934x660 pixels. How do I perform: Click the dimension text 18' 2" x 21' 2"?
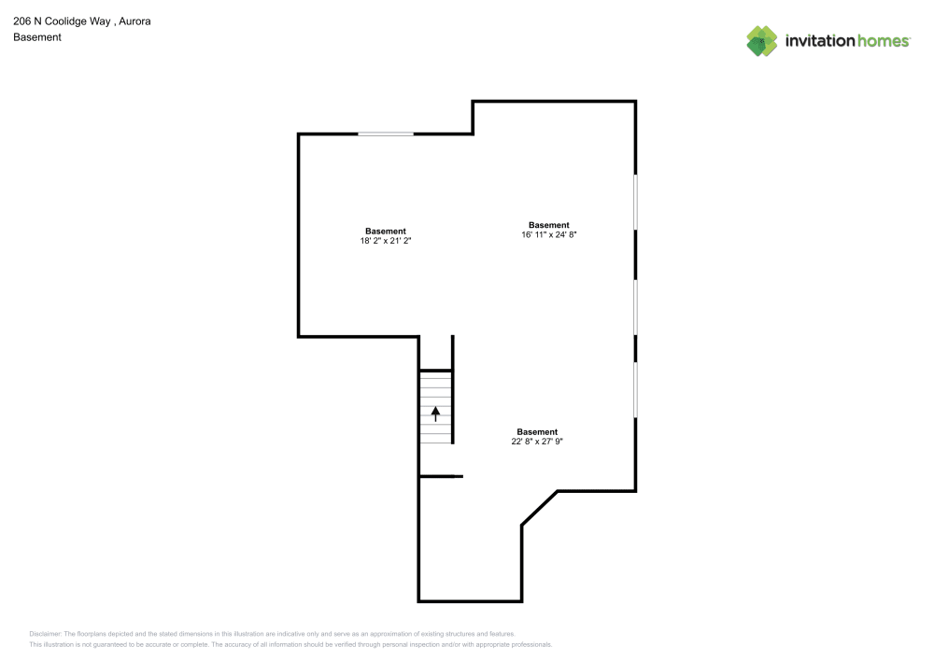pyautogui.click(x=385, y=241)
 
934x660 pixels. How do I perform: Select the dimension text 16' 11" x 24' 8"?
pyautogui.click(x=548, y=235)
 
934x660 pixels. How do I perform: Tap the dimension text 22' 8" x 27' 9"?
pyautogui.click(x=537, y=442)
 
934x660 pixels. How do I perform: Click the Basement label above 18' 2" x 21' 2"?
pyautogui.click(x=385, y=231)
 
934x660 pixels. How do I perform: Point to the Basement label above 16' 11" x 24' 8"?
pyautogui.click(x=548, y=225)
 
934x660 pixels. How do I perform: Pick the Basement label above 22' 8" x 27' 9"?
pyautogui.click(x=537, y=431)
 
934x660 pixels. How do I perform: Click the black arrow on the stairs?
pyautogui.click(x=435, y=413)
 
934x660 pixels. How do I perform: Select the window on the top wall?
pyautogui.click(x=386, y=134)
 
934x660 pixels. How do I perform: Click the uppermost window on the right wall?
pyautogui.click(x=636, y=201)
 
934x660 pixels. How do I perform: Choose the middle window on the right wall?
pyautogui.click(x=636, y=307)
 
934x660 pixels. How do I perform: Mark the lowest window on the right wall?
pyautogui.click(x=636, y=389)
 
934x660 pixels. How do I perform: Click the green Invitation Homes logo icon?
pyautogui.click(x=762, y=40)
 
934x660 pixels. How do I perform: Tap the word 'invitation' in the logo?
pyautogui.click(x=818, y=41)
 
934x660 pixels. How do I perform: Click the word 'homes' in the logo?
pyautogui.click(x=883, y=41)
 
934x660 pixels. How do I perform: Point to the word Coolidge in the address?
pyautogui.click(x=65, y=21)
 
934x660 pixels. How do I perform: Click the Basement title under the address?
pyautogui.click(x=37, y=37)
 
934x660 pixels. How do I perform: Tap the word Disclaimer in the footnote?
pyautogui.click(x=45, y=633)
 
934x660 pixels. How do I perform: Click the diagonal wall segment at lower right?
pyautogui.click(x=540, y=508)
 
